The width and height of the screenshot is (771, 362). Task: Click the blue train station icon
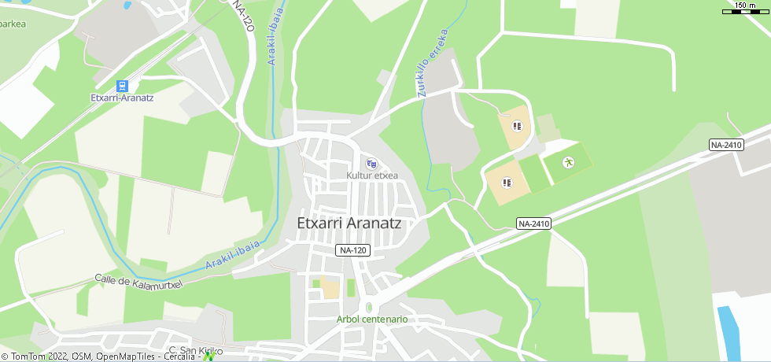click(122, 85)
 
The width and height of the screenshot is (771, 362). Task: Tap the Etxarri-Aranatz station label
click(122, 98)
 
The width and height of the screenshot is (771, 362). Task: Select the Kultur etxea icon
click(372, 164)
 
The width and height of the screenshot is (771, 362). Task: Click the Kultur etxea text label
click(372, 175)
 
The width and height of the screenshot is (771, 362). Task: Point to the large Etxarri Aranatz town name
click(349, 223)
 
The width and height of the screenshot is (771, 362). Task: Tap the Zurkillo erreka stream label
click(433, 63)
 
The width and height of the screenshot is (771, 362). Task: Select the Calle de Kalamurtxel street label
click(138, 281)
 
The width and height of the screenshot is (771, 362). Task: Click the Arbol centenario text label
click(372, 320)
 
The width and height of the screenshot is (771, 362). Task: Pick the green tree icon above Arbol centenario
click(368, 307)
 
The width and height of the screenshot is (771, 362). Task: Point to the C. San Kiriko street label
click(196, 350)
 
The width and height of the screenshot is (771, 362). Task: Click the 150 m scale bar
click(745, 8)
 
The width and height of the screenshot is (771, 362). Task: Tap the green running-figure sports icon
click(568, 163)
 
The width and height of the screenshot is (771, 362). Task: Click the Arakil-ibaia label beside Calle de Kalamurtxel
click(233, 257)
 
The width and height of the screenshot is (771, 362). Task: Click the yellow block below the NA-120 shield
click(330, 288)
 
